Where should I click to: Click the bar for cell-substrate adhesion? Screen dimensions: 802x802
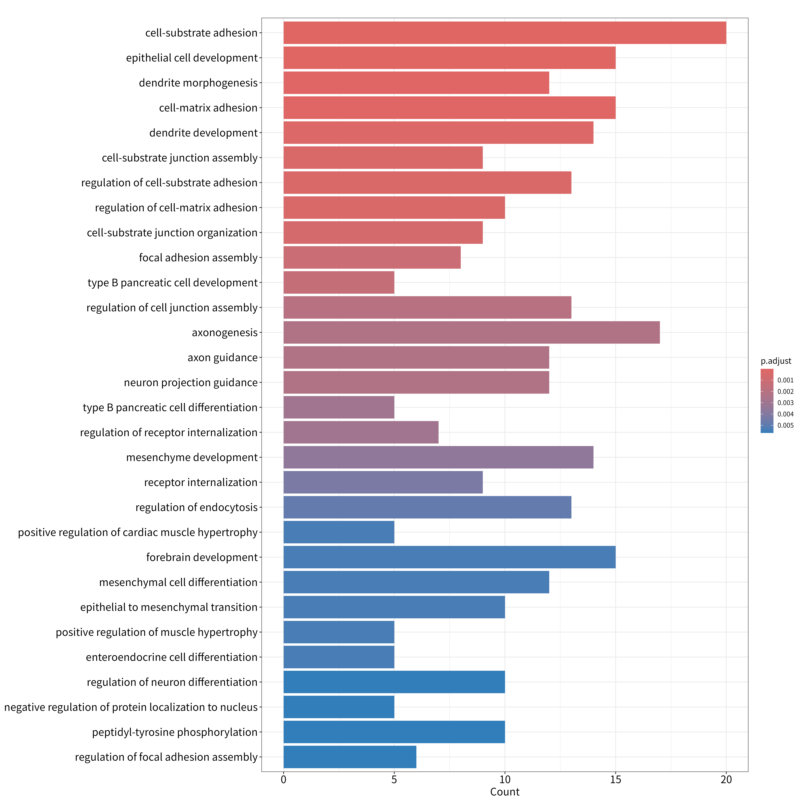coord(505,33)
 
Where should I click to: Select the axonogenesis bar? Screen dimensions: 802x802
coord(472,333)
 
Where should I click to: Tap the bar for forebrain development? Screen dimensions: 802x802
coord(450,557)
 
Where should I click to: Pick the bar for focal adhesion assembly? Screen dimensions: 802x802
coord(372,257)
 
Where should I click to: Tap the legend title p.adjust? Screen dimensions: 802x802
coord(776,361)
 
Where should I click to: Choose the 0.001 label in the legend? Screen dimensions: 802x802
coord(785,380)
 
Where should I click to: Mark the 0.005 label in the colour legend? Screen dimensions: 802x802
coord(785,425)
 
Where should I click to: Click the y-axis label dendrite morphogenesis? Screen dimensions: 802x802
coord(198,83)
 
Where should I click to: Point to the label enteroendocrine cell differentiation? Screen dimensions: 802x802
coord(172,657)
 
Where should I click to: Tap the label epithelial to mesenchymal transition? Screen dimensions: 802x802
coord(169,607)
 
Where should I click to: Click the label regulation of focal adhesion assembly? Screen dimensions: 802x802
coord(166,757)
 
